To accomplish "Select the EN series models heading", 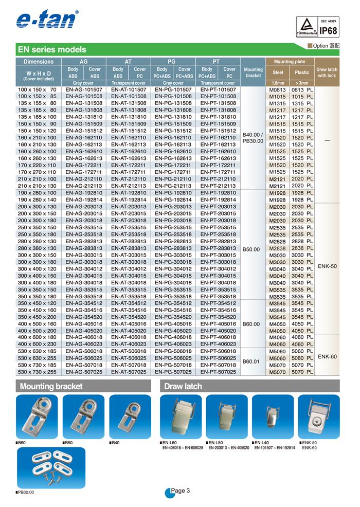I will tap(52, 50).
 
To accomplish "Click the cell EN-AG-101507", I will tap(83, 89).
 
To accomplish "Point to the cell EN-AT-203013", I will tap(129, 206).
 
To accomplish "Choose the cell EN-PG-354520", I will tap(173, 317).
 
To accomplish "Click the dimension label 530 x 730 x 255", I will tap(37, 371).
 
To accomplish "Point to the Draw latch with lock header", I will tap(327, 73).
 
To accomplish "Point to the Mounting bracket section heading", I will tap(51, 386).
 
